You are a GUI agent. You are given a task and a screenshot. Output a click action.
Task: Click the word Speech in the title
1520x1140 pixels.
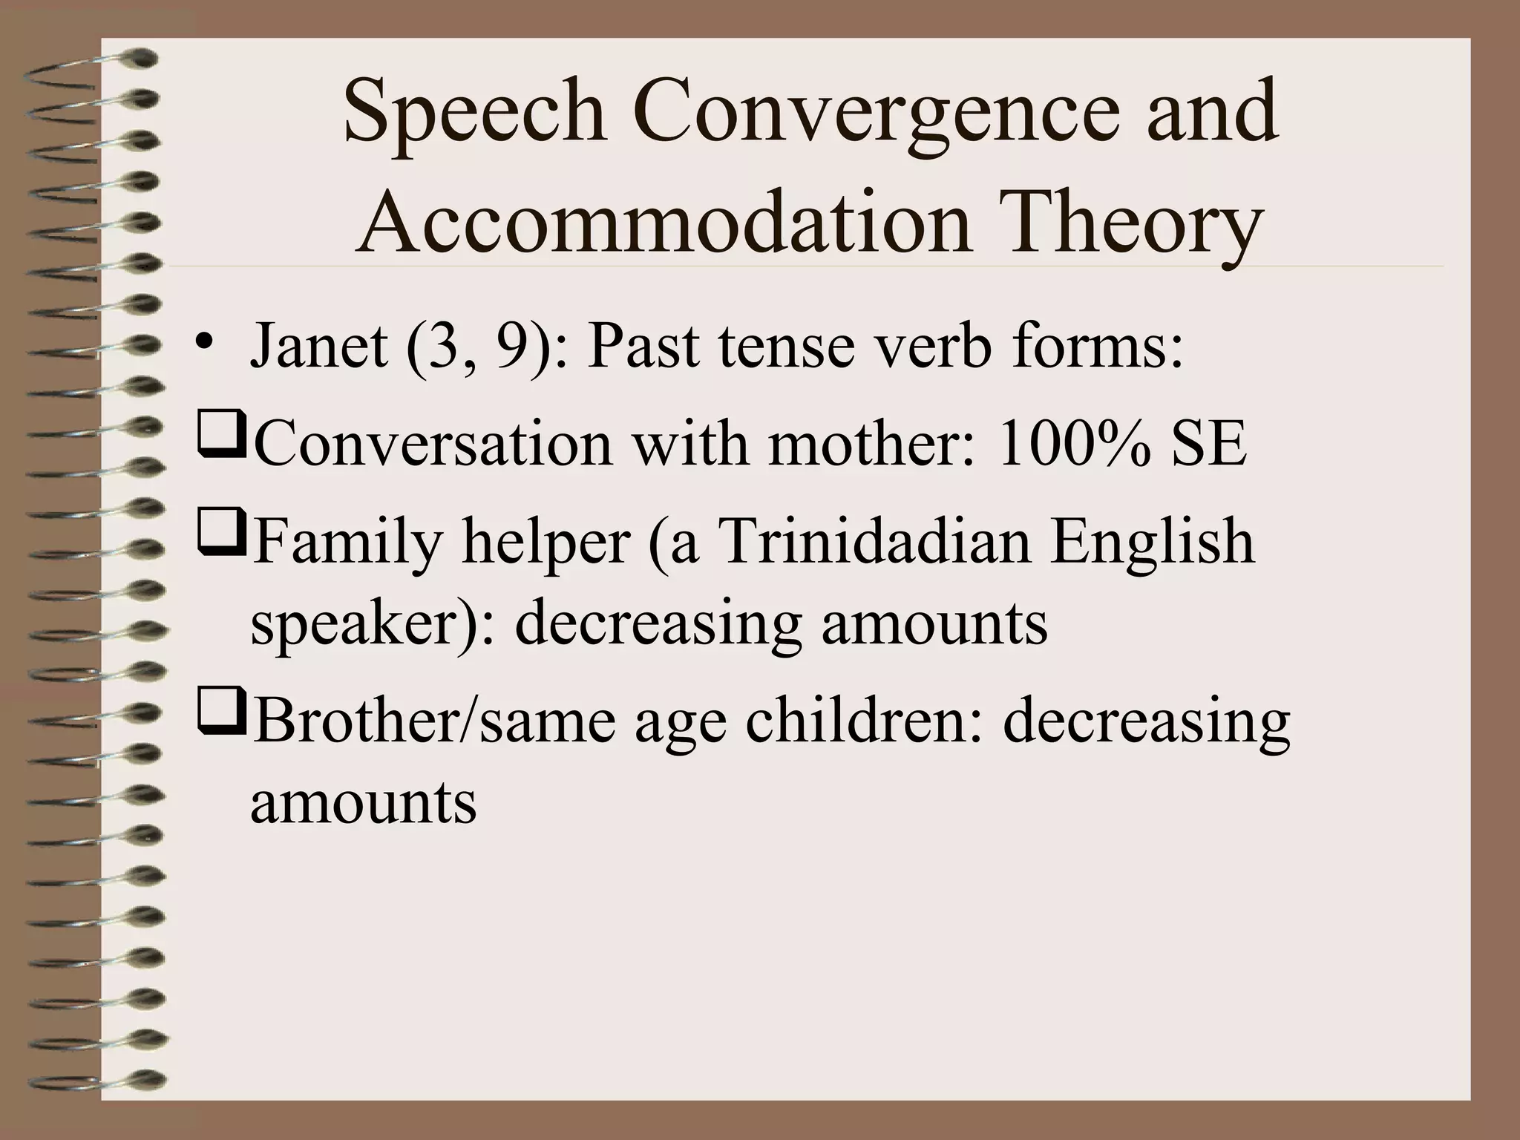[x=474, y=114]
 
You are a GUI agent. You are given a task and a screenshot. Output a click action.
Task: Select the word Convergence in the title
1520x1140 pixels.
[x=875, y=114]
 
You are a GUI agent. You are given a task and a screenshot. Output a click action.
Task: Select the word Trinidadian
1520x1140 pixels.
[x=877, y=543]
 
